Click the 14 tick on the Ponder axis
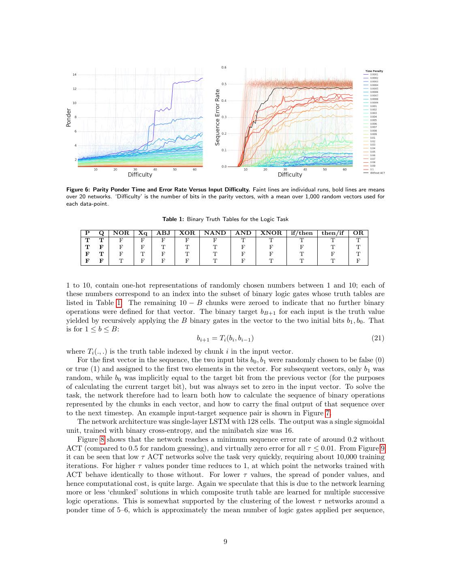coord(75,75)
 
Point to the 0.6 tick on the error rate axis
coord(224,67)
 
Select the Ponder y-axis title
coord(68,118)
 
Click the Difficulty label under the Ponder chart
coord(140,175)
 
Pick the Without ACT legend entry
coord(377,173)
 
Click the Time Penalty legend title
coord(374,71)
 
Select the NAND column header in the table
coord(215,233)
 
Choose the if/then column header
coord(302,233)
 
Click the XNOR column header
coord(271,233)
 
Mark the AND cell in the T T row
coord(243,240)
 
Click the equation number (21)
coord(378,338)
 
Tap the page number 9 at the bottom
coord(225,541)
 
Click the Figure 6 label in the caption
coord(78,189)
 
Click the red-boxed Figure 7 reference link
coord(328,413)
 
